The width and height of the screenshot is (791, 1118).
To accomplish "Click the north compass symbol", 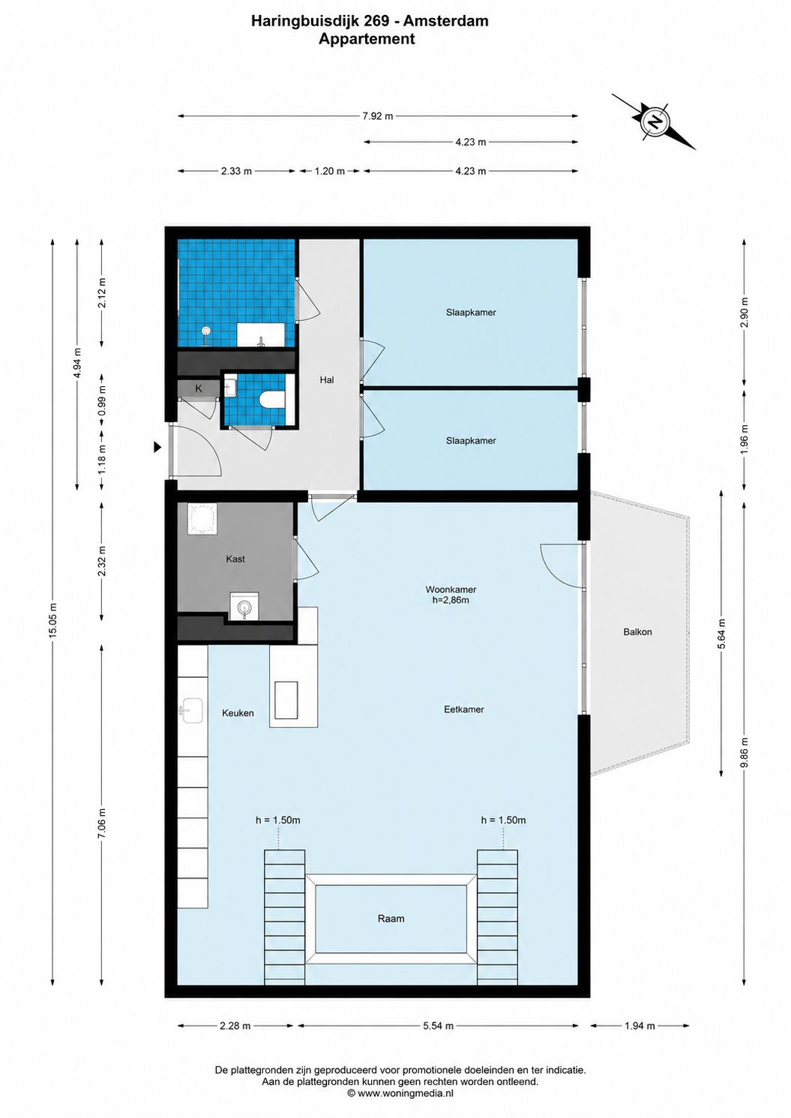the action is [653, 121].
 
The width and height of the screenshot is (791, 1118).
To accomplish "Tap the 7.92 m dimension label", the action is [377, 116].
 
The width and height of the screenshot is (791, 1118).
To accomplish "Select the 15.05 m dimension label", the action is [53, 619].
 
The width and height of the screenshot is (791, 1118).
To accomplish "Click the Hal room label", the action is [327, 380].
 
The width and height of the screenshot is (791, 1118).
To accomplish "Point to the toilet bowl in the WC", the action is [273, 399].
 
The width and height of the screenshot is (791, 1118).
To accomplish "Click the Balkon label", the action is [637, 632].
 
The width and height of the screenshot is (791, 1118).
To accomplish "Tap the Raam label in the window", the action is [391, 919].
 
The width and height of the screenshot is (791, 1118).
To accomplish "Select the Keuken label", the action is [238, 713].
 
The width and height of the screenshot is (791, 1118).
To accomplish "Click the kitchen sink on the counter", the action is [191, 710].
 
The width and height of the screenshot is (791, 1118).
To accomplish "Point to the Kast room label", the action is [235, 559].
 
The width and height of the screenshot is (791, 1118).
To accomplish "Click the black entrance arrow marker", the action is [157, 448].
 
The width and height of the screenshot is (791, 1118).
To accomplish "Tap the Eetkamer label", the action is [463, 709].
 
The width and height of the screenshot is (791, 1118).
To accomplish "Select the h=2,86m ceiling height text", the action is [450, 600].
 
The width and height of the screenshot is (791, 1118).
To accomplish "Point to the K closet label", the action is [199, 388].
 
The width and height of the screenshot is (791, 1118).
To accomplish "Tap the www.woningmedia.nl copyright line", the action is [400, 1093].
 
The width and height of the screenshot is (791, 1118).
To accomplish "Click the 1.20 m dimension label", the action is [329, 171].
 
